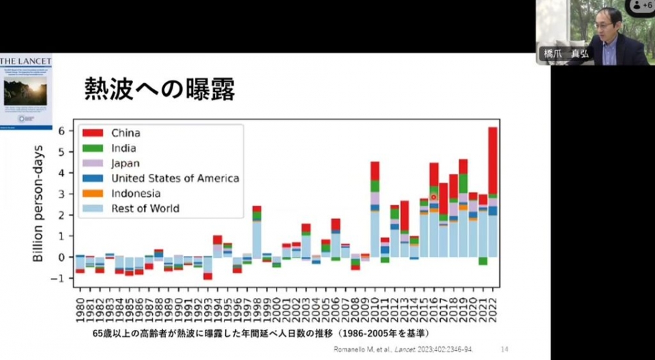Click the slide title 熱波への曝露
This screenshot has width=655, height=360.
point(159,89)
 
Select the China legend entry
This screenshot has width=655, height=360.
point(126,133)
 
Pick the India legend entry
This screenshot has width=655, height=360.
point(123,148)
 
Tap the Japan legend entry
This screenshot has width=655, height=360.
point(126,163)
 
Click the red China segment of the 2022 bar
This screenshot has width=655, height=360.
point(493,160)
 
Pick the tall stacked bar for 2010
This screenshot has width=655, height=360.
point(375,209)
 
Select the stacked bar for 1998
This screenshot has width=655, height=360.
point(257,231)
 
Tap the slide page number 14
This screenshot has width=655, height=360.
point(504,349)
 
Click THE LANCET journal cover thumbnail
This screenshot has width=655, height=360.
point(26,92)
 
